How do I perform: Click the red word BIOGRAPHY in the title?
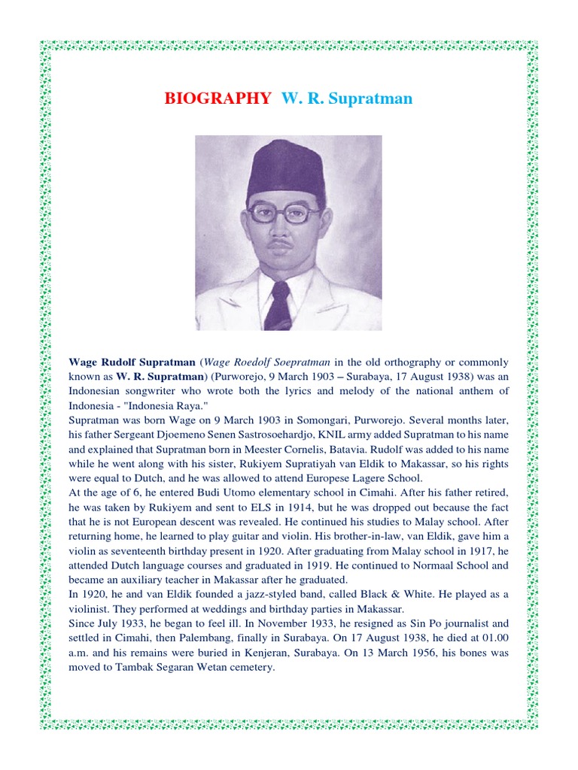218,99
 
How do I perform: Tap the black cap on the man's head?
286,169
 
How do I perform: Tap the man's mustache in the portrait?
281,243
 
